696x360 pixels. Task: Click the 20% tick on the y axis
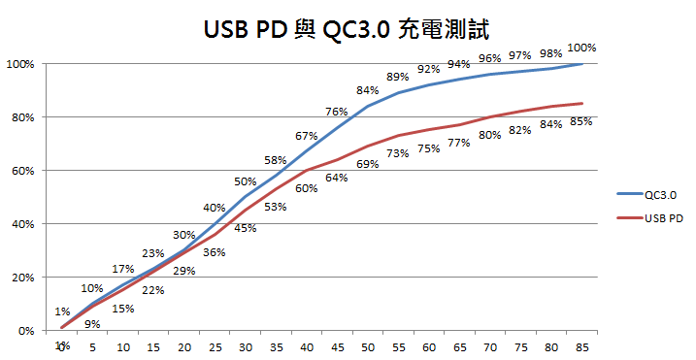(21, 278)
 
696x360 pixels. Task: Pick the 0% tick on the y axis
(24, 331)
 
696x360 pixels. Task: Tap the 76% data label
(337, 112)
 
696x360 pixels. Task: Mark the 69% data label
(368, 164)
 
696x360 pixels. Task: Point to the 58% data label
(275, 160)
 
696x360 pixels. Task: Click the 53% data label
(275, 207)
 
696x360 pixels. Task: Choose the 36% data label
(215, 252)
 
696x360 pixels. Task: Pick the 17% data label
(123, 269)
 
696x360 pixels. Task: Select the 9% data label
(92, 324)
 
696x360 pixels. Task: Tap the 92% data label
(428, 69)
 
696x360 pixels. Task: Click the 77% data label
(459, 143)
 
